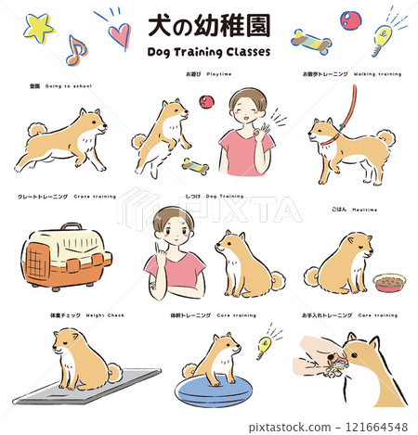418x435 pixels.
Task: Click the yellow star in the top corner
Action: [x=38, y=27]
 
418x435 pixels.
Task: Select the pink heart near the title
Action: [x=119, y=34]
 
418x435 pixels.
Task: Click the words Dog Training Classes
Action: [x=209, y=53]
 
